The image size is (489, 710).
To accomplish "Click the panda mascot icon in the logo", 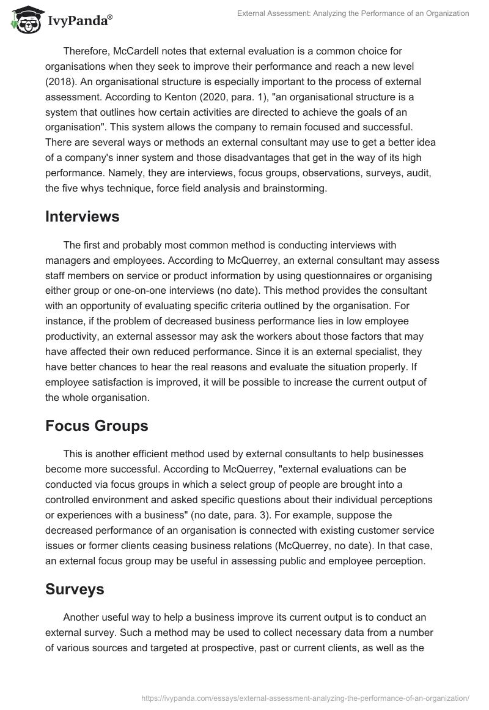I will click(23, 20).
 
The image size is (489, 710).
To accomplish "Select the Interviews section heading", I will click(82, 216).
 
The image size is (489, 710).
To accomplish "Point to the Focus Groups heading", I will click(97, 426).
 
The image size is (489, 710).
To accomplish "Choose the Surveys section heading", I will click(75, 589).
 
